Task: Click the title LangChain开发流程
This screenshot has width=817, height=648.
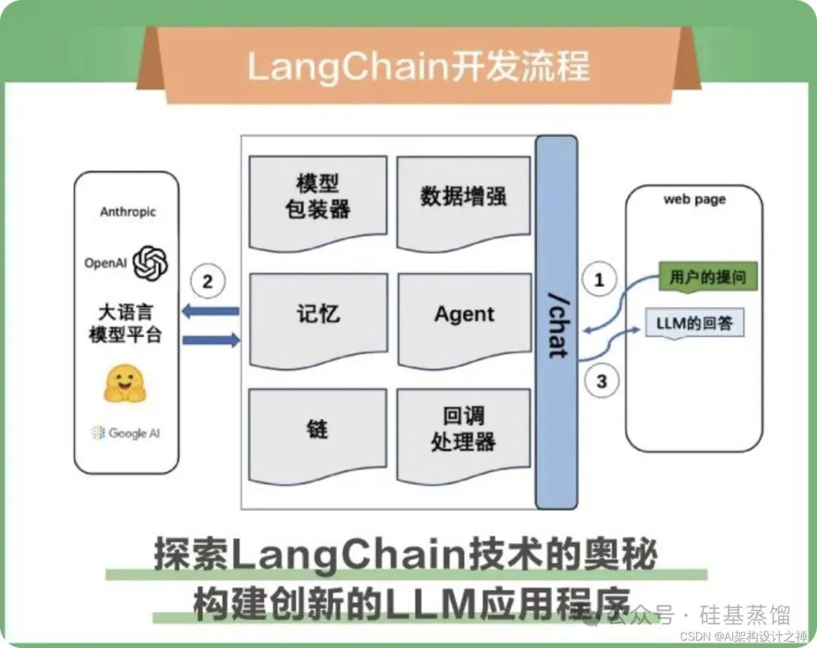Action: (418, 66)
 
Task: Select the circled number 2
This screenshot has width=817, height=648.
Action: (208, 282)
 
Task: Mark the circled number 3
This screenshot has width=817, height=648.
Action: (601, 381)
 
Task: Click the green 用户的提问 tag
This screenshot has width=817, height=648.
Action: (707, 278)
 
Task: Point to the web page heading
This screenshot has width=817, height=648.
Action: (694, 200)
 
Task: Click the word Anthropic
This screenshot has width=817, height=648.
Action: (128, 212)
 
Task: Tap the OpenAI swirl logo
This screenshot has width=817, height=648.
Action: (150, 263)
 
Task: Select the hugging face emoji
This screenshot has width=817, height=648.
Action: (124, 383)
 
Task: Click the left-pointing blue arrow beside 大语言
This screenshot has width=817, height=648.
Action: (210, 311)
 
